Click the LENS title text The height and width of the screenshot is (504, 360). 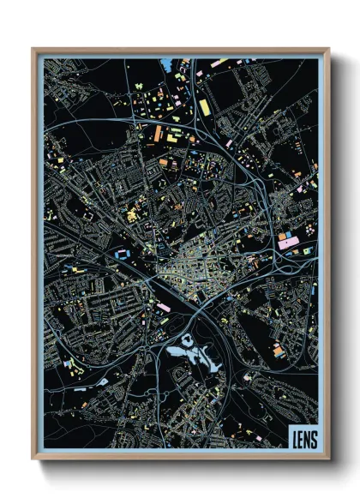click(x=303, y=438)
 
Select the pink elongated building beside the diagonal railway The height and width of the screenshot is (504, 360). click(x=163, y=306)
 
